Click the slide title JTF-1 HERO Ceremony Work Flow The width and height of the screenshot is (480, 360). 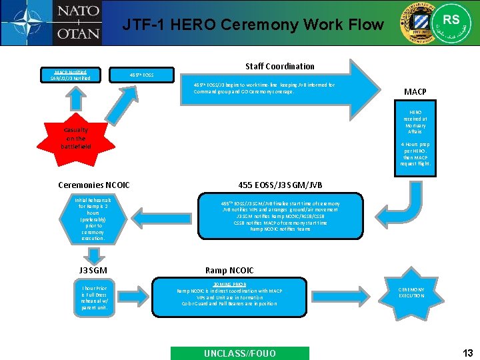coord(253,25)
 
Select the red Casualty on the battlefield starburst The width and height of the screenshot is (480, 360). coord(75,138)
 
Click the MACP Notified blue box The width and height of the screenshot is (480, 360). coord(70,75)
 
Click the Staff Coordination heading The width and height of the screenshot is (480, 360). coord(279,66)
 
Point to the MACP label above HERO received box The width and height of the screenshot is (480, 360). coord(415,91)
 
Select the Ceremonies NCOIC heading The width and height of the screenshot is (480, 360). coord(94,185)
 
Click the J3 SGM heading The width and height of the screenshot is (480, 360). coord(93,270)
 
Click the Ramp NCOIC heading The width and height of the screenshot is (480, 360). coord(229,270)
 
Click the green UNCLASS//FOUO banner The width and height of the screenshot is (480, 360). coord(239,353)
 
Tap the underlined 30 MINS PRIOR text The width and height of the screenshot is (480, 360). coord(230,284)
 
